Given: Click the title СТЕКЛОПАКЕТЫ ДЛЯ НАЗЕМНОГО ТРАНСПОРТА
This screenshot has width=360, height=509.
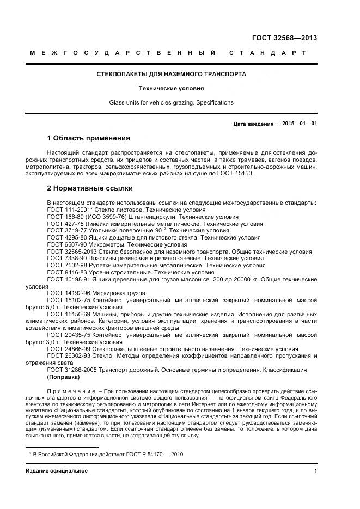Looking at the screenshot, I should (171, 73).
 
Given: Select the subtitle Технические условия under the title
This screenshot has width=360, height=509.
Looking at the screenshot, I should (171, 88).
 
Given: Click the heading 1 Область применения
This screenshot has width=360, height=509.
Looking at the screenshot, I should (88, 138).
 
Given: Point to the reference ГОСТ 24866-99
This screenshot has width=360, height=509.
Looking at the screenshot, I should (68, 348).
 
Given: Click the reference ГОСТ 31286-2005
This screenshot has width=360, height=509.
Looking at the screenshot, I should (70, 370).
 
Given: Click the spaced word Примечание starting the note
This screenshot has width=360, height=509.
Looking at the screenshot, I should (70, 392).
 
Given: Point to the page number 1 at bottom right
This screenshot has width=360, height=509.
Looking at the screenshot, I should (315, 471).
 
